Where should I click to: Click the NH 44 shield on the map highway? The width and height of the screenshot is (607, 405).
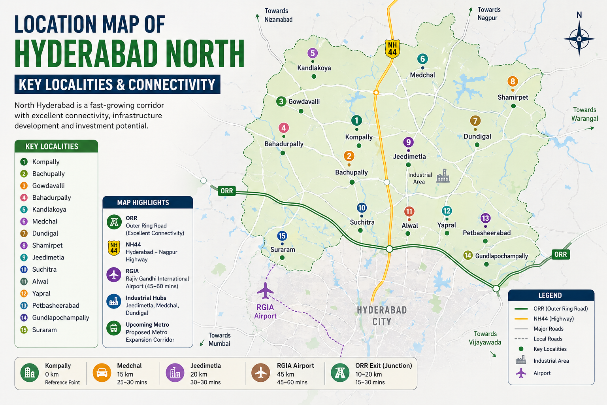(x=392, y=49)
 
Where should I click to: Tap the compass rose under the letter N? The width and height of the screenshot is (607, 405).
(x=579, y=39)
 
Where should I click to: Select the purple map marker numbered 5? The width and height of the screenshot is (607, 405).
(x=313, y=53)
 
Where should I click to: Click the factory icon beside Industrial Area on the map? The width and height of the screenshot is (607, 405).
(x=443, y=176)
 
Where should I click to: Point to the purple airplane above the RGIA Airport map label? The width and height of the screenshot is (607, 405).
(x=265, y=291)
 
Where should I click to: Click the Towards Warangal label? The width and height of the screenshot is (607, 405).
(x=584, y=114)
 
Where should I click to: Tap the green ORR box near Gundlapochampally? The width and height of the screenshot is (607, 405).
(x=560, y=254)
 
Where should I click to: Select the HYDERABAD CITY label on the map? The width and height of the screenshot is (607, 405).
(x=382, y=316)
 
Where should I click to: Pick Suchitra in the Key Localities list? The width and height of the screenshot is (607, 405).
(x=44, y=269)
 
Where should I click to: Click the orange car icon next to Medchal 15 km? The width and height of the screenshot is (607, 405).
(x=102, y=373)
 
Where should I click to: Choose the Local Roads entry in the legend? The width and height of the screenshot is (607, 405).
(x=547, y=339)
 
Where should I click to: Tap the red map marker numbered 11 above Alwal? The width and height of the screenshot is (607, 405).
(x=409, y=212)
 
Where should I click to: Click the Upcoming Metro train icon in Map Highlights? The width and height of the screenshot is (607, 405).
(x=114, y=328)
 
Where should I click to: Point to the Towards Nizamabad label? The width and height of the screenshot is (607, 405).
(x=278, y=15)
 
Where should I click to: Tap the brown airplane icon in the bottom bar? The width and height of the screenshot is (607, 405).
(x=261, y=373)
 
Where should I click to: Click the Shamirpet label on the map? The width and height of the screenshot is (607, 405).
(x=513, y=97)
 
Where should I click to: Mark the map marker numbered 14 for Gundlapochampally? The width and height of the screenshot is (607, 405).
(x=468, y=255)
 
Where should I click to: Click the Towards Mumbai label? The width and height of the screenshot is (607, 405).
(x=219, y=339)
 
